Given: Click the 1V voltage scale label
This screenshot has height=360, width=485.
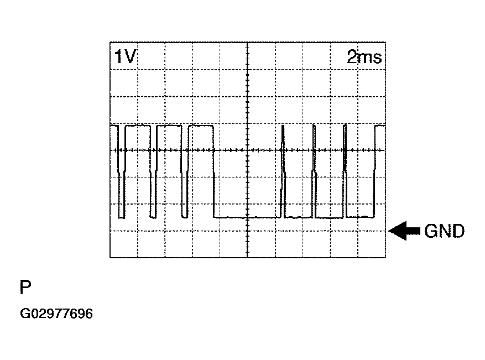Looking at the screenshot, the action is [125, 57].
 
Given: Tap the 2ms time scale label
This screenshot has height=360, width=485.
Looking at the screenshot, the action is [364, 57].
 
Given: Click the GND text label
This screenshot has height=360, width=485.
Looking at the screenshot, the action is [444, 231].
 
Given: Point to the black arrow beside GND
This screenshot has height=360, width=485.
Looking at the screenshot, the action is [404, 231].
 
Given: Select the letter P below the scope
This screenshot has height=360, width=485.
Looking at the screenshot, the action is [25, 287].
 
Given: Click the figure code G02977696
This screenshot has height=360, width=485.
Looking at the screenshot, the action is [56, 314].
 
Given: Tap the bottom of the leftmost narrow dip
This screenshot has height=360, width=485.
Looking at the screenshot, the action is [122, 218].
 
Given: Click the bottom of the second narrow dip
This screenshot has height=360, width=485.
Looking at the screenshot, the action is [153, 217].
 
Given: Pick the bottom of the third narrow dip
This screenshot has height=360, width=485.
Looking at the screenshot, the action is [185, 217].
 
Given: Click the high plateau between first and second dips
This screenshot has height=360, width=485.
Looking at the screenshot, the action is [138, 126].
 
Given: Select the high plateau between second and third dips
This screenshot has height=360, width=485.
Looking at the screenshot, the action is [169, 126].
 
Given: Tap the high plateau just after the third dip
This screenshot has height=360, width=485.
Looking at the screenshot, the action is [201, 126].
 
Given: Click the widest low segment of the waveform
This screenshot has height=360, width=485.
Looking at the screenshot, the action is [247, 217].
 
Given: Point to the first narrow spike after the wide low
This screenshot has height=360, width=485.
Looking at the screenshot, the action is [283, 171].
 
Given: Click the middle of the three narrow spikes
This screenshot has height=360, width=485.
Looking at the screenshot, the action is [314, 171].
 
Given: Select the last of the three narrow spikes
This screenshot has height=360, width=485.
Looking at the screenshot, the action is [345, 171].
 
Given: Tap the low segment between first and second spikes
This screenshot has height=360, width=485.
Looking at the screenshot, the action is [299, 217].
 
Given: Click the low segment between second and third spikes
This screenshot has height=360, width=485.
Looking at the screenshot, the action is [330, 218].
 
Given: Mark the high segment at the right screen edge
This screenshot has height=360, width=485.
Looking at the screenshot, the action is [380, 126].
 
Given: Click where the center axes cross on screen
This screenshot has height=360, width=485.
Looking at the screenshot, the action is [247, 150].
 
